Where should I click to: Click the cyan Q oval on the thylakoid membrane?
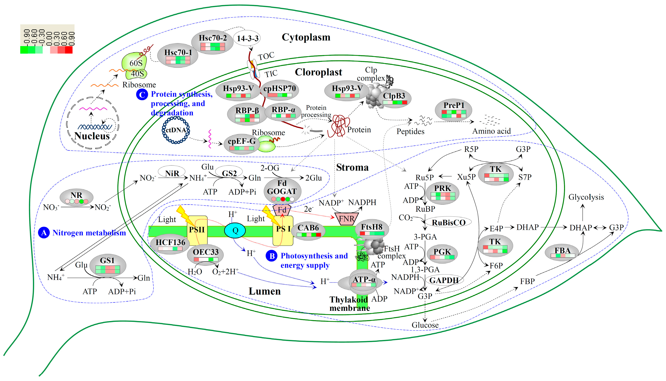235,230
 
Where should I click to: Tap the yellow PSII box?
197,230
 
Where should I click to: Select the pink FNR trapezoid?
346,219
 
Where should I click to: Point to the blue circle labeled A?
44,233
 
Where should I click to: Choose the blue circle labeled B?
272,256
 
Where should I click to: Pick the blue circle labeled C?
142,94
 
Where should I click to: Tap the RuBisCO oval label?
449,223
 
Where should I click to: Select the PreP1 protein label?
454,105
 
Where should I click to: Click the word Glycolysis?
586,197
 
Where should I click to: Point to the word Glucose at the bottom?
425,325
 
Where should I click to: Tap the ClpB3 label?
394,96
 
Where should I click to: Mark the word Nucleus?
92,136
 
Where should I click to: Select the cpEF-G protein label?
241,141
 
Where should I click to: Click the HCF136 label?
171,242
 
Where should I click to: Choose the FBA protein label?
562,250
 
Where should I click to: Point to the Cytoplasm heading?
306,37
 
